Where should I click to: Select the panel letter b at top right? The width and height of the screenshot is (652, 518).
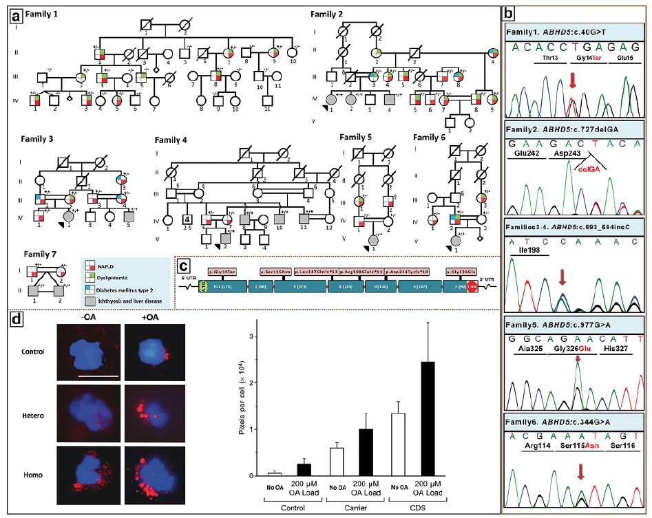tap(507, 12)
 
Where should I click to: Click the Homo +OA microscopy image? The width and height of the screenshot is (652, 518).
tap(146, 477)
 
